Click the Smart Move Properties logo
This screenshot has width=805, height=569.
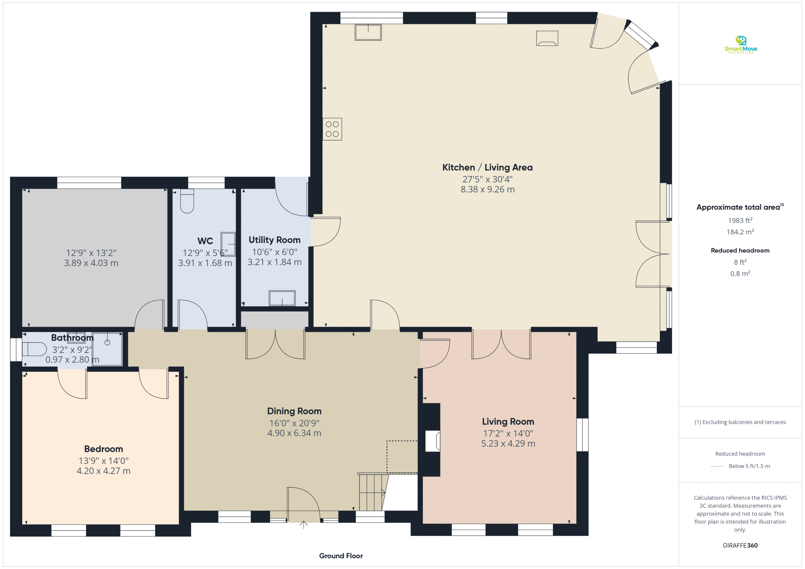click(741, 45)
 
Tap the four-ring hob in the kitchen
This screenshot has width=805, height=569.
click(332, 129)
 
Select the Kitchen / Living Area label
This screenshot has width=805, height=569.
click(487, 167)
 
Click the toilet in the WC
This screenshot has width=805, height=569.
click(187, 201)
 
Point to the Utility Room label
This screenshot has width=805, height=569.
click(275, 240)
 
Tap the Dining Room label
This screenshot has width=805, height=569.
click(294, 411)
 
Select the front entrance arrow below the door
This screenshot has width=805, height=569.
click(303, 524)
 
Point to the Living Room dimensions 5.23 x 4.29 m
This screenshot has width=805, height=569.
click(508, 444)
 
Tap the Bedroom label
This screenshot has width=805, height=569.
click(103, 449)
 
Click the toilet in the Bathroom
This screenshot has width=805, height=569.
click(34, 349)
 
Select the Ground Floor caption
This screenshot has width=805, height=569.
click(341, 556)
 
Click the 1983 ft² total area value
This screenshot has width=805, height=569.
click(740, 220)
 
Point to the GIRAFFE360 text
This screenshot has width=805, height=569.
click(740, 545)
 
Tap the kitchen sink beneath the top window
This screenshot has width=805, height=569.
click(368, 32)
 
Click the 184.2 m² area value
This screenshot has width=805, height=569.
click(740, 232)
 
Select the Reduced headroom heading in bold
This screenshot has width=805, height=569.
click(740, 250)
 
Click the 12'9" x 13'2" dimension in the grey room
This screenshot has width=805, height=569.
click(91, 253)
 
